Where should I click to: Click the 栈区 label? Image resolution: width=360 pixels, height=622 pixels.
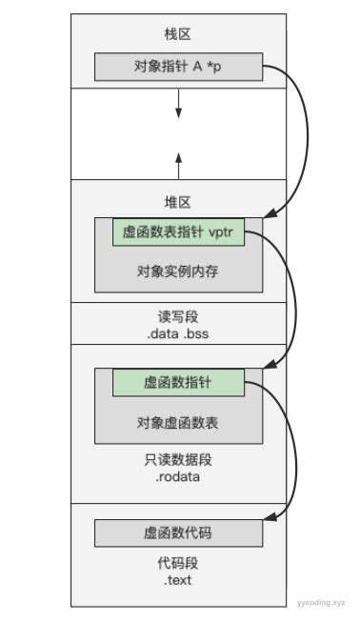tap(178, 34)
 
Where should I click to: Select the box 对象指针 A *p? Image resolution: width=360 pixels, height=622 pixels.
tap(178, 68)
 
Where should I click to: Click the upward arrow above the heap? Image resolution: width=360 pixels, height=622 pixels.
tap(178, 161)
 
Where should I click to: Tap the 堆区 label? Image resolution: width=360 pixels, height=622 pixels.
tap(178, 202)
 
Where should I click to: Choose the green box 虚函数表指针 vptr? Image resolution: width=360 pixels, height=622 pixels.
tap(178, 233)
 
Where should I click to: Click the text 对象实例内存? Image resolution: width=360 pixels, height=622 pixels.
tap(178, 271)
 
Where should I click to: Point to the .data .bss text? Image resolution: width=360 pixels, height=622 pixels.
tap(178, 332)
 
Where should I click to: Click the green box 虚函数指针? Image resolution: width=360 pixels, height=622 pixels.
tap(178, 383)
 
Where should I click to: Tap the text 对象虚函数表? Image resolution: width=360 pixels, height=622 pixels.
tap(178, 421)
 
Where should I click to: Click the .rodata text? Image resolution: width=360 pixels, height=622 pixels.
tap(178, 476)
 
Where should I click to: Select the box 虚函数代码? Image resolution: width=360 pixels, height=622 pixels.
tap(178, 532)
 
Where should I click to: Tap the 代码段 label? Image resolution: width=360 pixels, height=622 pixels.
tap(178, 563)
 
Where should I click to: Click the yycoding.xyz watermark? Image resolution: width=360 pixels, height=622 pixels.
tap(321, 603)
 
